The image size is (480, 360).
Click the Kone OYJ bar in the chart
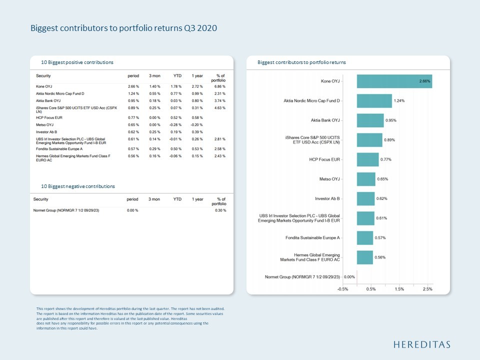point(394,81)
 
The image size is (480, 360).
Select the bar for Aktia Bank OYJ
point(370,120)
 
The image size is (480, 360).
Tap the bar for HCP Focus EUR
point(367,159)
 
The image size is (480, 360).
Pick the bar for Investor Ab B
point(365,198)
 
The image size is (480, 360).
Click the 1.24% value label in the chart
point(399,101)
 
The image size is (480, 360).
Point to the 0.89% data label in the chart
point(389,140)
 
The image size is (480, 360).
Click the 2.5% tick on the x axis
point(427,289)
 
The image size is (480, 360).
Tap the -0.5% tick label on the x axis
point(342,289)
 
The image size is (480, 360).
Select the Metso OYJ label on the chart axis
point(329,179)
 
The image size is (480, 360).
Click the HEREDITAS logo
point(421,344)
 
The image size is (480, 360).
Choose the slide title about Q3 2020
point(123,28)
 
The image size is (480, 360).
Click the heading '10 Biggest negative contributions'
point(78,186)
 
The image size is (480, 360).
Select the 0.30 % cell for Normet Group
point(220,210)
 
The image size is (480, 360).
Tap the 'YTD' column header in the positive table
point(177,75)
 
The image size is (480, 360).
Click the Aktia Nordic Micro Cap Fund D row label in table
point(60,93)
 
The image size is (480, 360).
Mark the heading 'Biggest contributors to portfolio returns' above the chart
point(301,62)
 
